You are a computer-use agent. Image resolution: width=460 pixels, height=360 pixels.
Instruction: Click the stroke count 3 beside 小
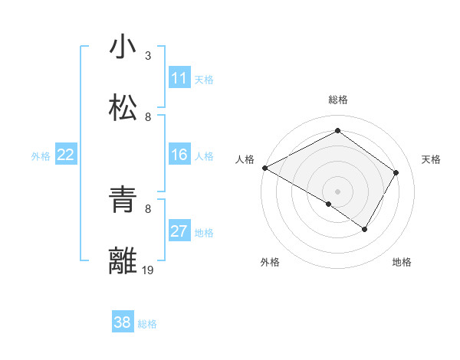pos(148,55)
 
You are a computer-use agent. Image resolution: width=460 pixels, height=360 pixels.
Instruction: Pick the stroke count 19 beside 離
pos(149,270)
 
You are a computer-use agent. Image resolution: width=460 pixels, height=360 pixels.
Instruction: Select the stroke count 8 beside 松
pos(148,116)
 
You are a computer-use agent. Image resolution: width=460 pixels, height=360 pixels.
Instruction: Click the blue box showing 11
pos(179,78)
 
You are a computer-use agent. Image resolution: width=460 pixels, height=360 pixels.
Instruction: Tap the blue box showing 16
pos(179,155)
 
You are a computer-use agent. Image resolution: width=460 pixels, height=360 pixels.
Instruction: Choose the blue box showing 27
pos(179,231)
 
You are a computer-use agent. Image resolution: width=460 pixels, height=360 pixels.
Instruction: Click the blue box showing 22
pos(66,155)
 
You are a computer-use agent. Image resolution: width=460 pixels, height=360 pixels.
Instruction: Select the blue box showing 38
pos(123,322)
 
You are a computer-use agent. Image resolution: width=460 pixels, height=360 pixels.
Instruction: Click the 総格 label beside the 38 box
pos(147,324)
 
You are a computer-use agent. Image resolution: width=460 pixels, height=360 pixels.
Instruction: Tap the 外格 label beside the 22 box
pos(41,156)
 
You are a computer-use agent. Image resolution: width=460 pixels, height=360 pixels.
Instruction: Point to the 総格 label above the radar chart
pos(338,100)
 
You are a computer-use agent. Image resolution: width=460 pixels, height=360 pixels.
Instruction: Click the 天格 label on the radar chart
pos(431,159)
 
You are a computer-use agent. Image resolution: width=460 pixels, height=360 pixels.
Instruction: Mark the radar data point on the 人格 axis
pos(264,168)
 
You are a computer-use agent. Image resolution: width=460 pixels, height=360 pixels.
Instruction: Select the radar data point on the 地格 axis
pos(365,229)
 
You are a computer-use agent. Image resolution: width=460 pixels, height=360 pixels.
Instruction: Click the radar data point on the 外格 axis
pos(329,204)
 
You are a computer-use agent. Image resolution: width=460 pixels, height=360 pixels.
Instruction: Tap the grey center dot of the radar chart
pos(338,191)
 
